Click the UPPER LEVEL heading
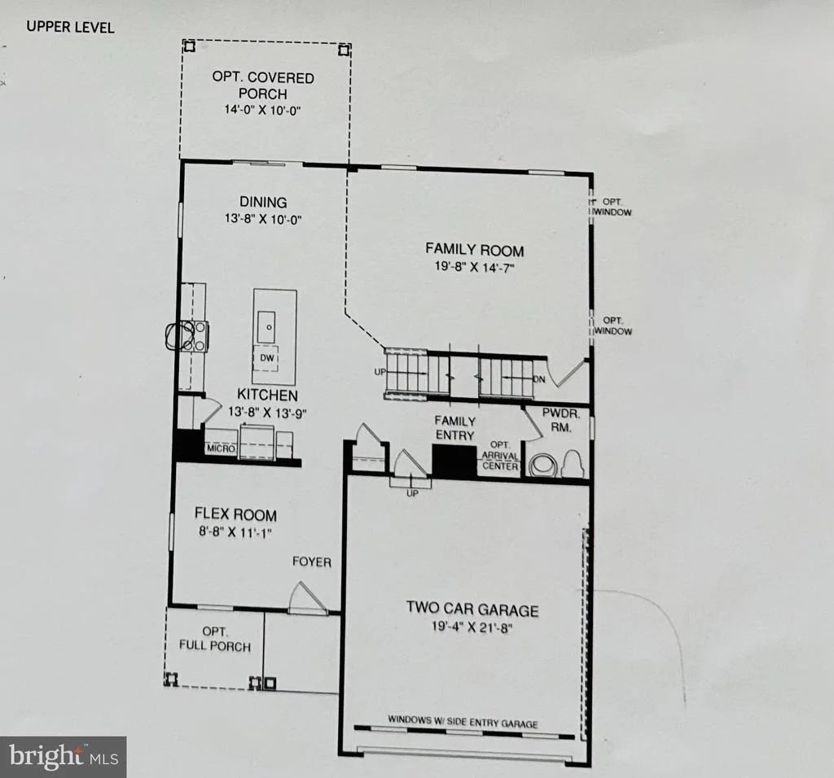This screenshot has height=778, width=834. pyautogui.click(x=70, y=27)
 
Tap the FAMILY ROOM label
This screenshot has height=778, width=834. pyautogui.click(x=475, y=250)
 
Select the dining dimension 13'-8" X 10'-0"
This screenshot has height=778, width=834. pyautogui.click(x=263, y=219)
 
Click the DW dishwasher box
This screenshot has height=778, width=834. pyautogui.click(x=267, y=358)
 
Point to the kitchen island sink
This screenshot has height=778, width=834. pyautogui.click(x=266, y=327)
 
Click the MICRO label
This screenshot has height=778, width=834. pyautogui.click(x=222, y=449)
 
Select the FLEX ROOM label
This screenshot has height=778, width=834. pyautogui.click(x=235, y=514)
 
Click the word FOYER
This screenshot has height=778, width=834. pyautogui.click(x=312, y=562)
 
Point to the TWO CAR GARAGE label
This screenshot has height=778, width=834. pyautogui.click(x=472, y=609)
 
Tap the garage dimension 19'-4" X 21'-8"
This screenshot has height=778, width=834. pyautogui.click(x=472, y=627)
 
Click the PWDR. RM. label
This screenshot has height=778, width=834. pyautogui.click(x=560, y=420)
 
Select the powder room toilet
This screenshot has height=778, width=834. pyautogui.click(x=573, y=462)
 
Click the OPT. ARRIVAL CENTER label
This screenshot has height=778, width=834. pyautogui.click(x=500, y=456)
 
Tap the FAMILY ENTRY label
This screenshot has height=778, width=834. pyautogui.click(x=454, y=428)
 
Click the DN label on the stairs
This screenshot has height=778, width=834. pyautogui.click(x=539, y=379)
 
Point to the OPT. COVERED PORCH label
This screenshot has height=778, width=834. pyautogui.click(x=263, y=85)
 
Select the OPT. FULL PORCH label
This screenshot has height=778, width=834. pyautogui.click(x=214, y=639)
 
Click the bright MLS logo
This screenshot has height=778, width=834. pyautogui.click(x=64, y=757)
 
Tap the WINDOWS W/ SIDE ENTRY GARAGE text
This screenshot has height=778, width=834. pyautogui.click(x=463, y=721)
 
